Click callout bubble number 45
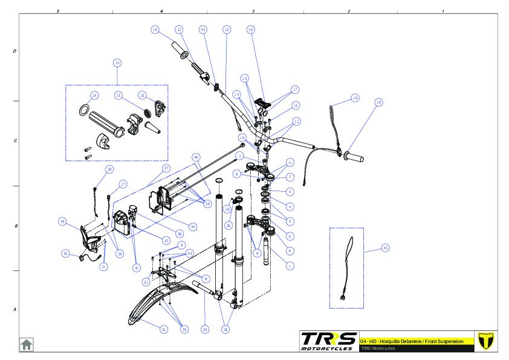386,247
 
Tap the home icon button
27,344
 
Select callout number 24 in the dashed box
94,96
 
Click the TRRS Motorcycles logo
328,341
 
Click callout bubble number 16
251,29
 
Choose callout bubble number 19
355,98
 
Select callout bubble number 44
62,221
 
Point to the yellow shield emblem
485,341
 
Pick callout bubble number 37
166,167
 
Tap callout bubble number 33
205,329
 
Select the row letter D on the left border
15,51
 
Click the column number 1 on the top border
443,11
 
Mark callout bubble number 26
65,254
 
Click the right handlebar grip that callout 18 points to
354,158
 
